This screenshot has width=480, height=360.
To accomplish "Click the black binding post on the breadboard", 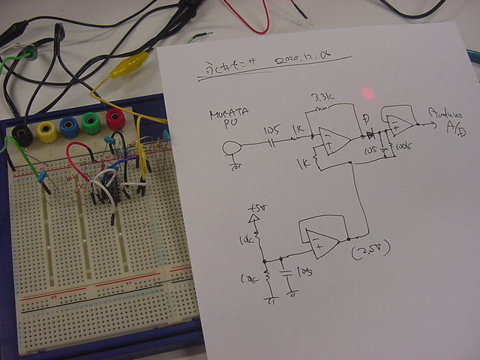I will coord(22,135).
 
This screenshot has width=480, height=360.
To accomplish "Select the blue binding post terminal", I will coord(70,127).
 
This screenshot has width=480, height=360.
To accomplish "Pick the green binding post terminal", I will coord(92,122).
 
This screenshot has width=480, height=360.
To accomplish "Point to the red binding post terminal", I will coord(115,118).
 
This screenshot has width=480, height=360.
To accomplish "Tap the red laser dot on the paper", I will coord(367,93).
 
